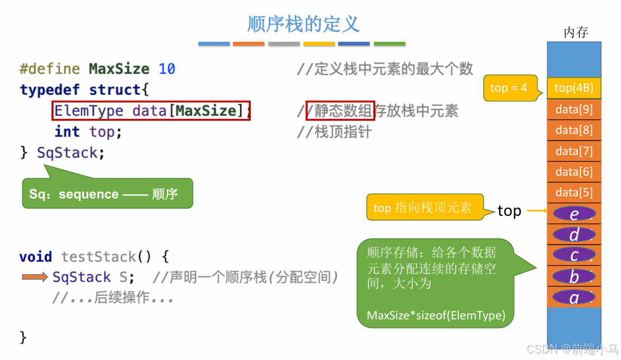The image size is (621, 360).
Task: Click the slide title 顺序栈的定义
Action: [303, 24]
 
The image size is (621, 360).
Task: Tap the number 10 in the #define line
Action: [167, 69]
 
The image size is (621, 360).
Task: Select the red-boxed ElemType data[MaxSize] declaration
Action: [152, 111]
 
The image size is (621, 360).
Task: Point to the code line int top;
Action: [88, 132]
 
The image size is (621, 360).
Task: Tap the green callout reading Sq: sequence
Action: [107, 194]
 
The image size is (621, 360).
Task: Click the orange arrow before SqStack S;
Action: [35, 277]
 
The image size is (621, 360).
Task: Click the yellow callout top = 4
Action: [509, 88]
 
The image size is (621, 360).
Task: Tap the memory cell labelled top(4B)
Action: [574, 88]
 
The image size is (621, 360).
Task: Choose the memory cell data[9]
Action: [574, 110]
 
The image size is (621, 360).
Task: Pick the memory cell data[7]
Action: [574, 151]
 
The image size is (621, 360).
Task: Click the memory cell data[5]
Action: [574, 192]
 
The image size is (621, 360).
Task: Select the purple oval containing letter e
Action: [574, 214]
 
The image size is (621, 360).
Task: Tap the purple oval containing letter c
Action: [574, 255]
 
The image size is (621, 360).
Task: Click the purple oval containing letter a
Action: [574, 297]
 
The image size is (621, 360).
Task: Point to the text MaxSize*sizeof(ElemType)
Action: [436, 316]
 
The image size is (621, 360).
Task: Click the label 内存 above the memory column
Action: [575, 33]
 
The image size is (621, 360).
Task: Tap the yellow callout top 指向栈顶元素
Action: [423, 208]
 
